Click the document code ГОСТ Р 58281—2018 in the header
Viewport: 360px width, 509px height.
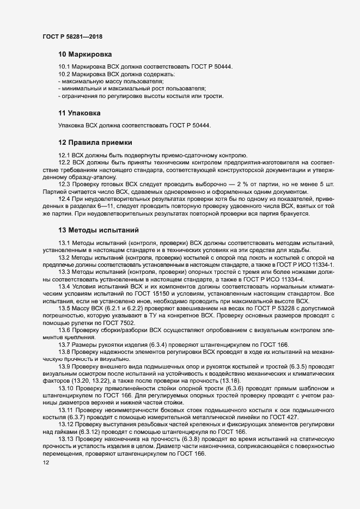(x=73, y=36)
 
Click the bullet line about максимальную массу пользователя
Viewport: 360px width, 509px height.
(x=99, y=81)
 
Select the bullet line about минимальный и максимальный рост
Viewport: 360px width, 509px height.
(x=131, y=89)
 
